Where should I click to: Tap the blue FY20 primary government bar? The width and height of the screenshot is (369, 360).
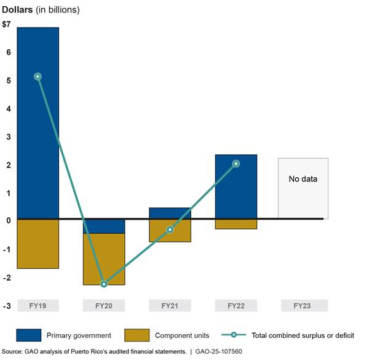tap(104, 226)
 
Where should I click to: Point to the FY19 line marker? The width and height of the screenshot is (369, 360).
tap(38, 76)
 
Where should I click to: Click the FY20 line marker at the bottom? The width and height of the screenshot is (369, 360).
tap(104, 284)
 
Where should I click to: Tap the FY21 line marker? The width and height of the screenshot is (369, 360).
tap(170, 230)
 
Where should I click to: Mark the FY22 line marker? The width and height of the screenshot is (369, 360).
tap(236, 164)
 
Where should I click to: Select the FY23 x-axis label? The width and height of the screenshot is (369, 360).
tap(302, 306)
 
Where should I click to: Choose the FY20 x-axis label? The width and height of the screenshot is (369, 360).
tap(104, 306)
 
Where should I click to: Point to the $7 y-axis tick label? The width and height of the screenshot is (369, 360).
tap(6, 25)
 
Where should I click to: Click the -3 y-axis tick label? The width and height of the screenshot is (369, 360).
tap(6, 306)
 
